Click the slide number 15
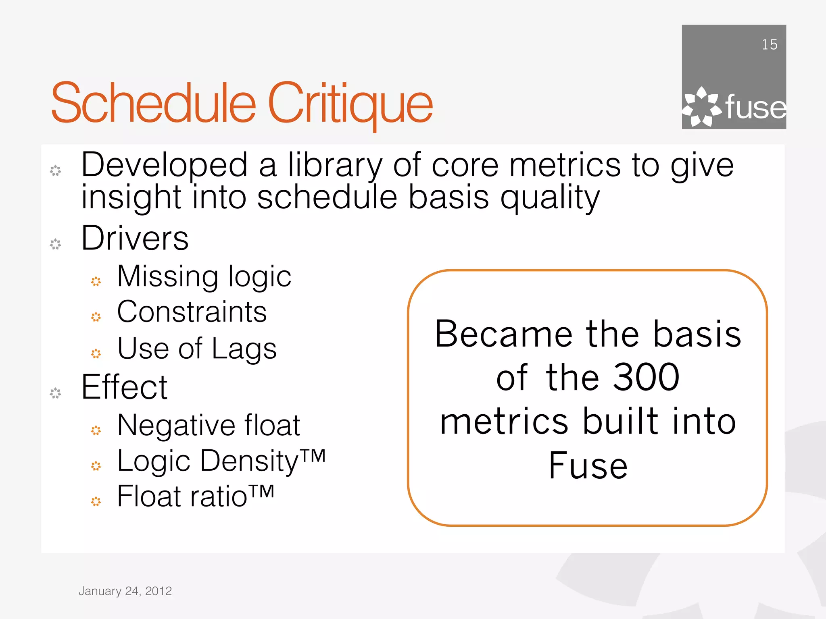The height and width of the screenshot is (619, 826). (769, 45)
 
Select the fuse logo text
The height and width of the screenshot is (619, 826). (755, 108)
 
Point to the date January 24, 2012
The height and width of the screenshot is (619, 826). (125, 591)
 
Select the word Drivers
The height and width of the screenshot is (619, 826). (135, 238)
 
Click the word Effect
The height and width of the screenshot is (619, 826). (124, 387)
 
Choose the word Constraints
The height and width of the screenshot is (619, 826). (192, 312)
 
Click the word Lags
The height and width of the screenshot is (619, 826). (244, 349)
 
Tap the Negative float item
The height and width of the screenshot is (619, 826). (209, 426)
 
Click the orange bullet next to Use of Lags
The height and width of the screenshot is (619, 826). (96, 353)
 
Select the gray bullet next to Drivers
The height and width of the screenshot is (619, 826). (55, 244)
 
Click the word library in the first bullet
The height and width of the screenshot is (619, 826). (335, 165)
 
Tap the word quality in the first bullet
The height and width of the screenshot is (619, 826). (550, 197)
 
